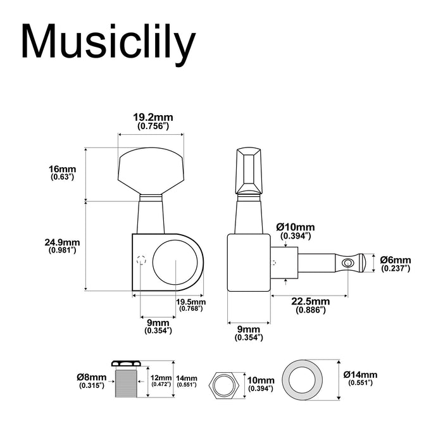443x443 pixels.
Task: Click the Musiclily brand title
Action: click(108, 43)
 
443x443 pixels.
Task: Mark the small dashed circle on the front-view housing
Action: click(141, 260)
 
